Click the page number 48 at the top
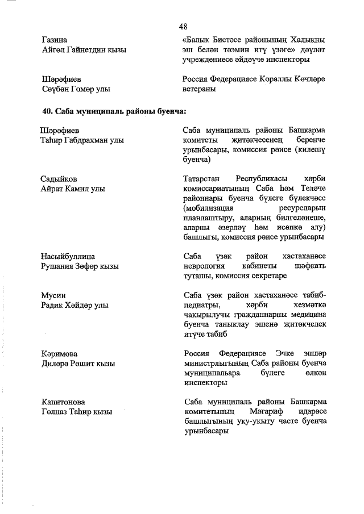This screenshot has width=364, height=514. tap(183, 26)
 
